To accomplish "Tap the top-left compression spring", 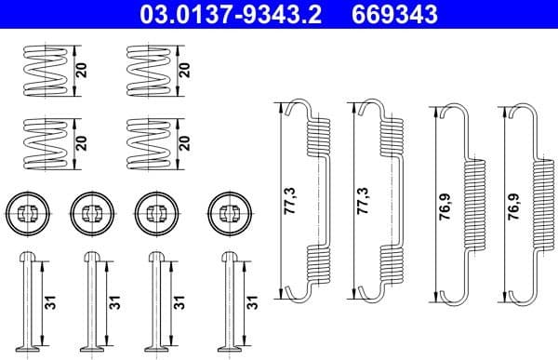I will [x=44, y=70].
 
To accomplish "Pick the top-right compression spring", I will [x=147, y=70].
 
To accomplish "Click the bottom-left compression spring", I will [x=44, y=142].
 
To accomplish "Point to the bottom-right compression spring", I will [x=147, y=142].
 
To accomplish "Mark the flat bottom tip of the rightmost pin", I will [x=229, y=352].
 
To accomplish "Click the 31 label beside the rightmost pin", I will [x=253, y=303].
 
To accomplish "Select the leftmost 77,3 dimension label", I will [x=288, y=199].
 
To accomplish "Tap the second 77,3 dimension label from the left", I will [x=361, y=199].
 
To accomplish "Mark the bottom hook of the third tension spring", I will [x=445, y=296].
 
